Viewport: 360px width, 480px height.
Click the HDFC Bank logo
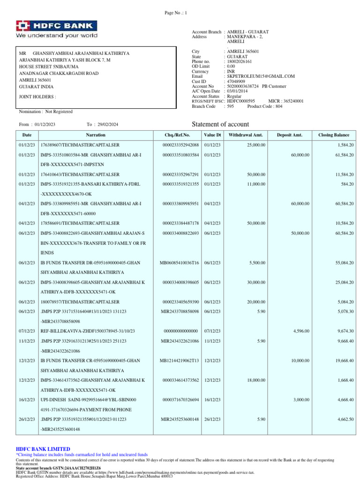[x=57, y=29]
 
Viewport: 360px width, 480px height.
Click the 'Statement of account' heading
[x=221, y=124]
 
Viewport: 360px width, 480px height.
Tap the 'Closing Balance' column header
[x=334, y=135]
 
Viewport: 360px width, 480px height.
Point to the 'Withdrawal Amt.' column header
[x=246, y=135]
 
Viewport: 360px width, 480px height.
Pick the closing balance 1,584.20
[x=345, y=145]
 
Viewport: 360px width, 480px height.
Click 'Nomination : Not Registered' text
[x=45, y=112]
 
